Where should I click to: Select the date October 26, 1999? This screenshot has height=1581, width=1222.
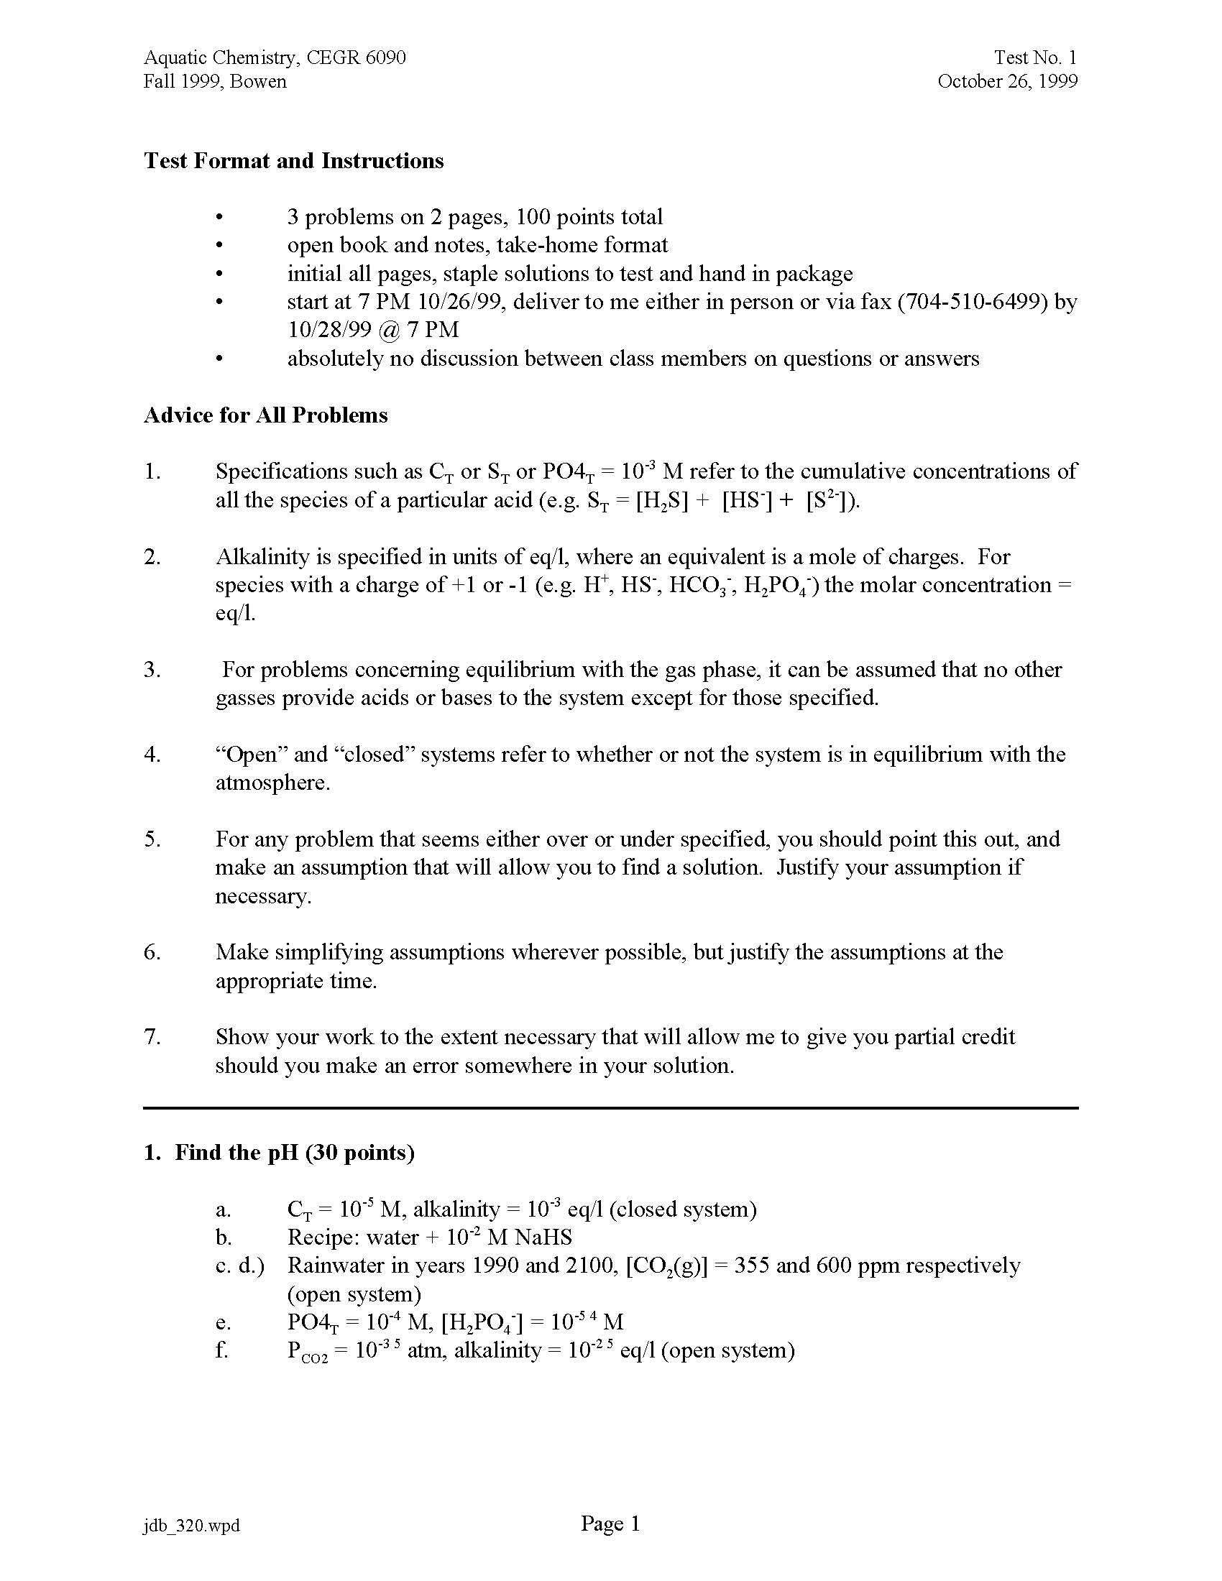point(1007,81)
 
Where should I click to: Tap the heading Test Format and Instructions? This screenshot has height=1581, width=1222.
point(293,160)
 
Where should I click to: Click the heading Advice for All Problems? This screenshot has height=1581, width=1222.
point(266,415)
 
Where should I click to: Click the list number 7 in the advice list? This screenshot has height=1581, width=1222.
point(151,1036)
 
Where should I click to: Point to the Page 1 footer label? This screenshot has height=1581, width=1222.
point(610,1524)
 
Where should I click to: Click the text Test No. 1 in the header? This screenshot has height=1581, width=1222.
point(1035,57)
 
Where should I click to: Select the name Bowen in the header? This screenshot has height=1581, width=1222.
point(259,81)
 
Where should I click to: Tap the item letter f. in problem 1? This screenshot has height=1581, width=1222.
point(221,1350)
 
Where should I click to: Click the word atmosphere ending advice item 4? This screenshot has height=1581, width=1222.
point(272,783)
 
